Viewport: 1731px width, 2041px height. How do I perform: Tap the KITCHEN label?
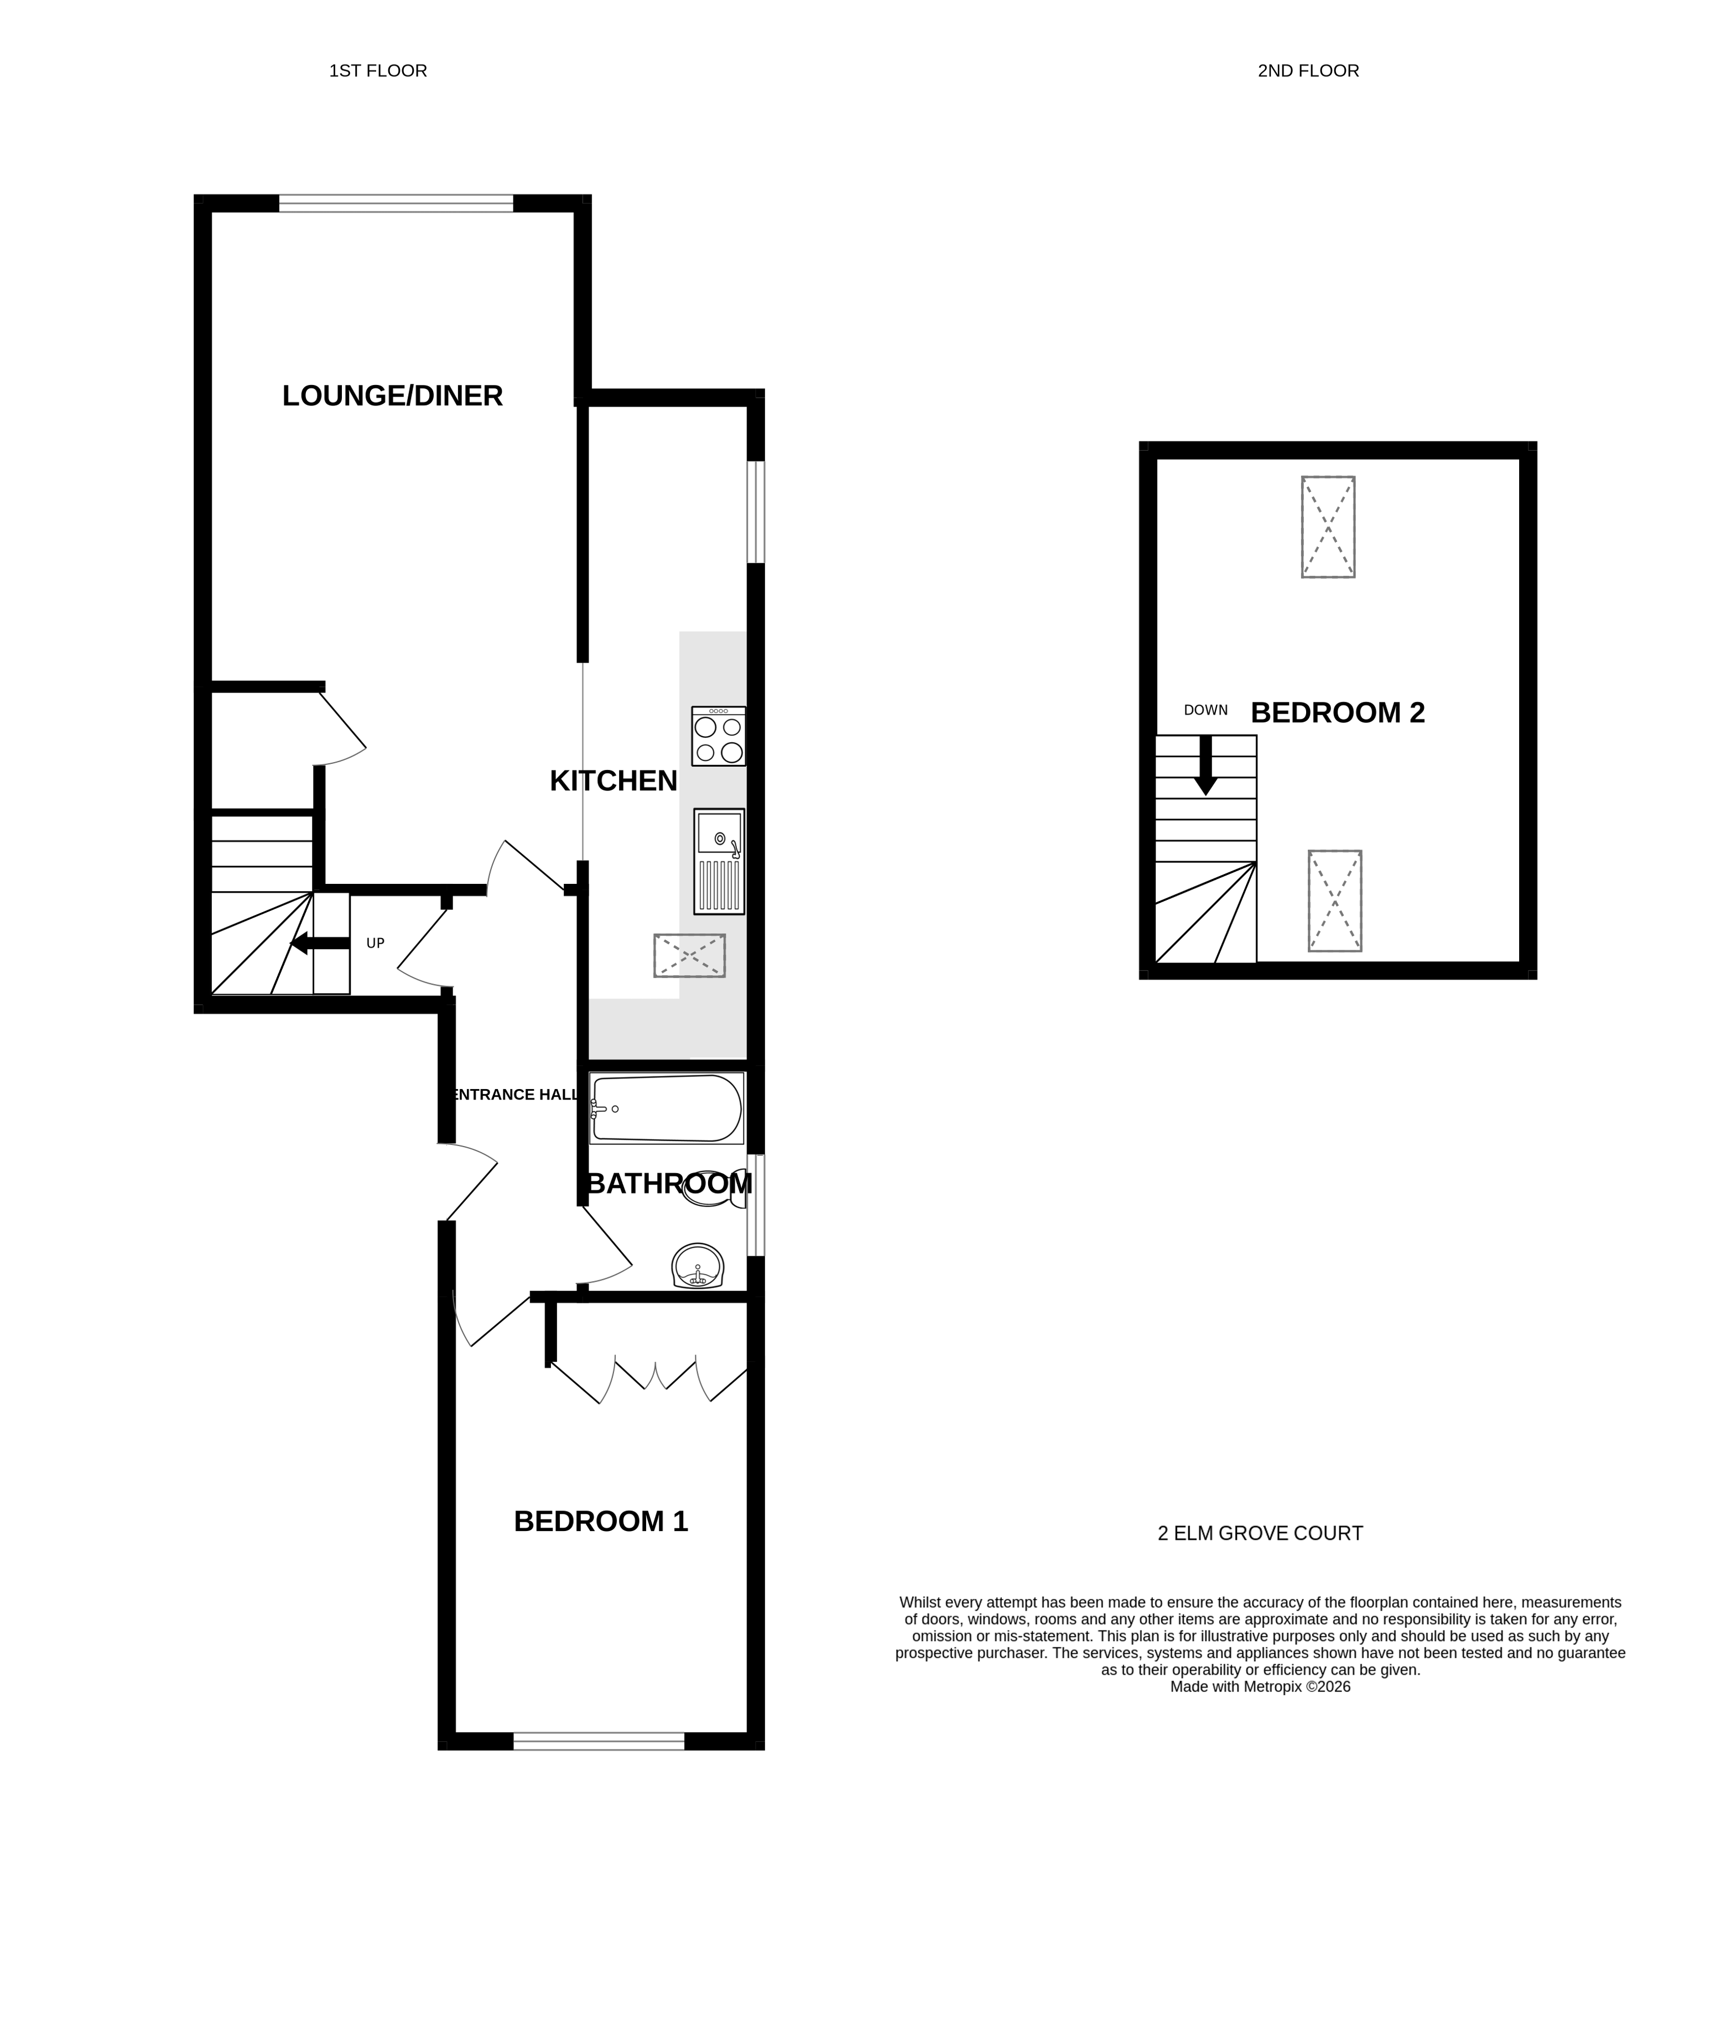click(x=614, y=781)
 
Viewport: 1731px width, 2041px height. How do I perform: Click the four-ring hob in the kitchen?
click(x=718, y=737)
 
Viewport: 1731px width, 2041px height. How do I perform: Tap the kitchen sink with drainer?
click(x=719, y=862)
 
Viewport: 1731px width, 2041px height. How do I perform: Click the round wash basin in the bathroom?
click(x=698, y=1266)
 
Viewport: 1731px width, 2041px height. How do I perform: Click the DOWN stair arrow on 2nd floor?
click(x=1206, y=766)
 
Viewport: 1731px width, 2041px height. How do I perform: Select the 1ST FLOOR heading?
click(x=378, y=71)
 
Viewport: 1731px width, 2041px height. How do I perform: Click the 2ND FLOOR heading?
click(x=1308, y=71)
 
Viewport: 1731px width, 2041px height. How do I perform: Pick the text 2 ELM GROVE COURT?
click(x=1260, y=1534)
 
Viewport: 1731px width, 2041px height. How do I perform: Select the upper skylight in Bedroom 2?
click(x=1328, y=527)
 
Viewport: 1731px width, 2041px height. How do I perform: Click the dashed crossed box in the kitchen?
click(x=690, y=956)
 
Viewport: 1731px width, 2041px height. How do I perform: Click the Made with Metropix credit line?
click(x=1260, y=1687)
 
